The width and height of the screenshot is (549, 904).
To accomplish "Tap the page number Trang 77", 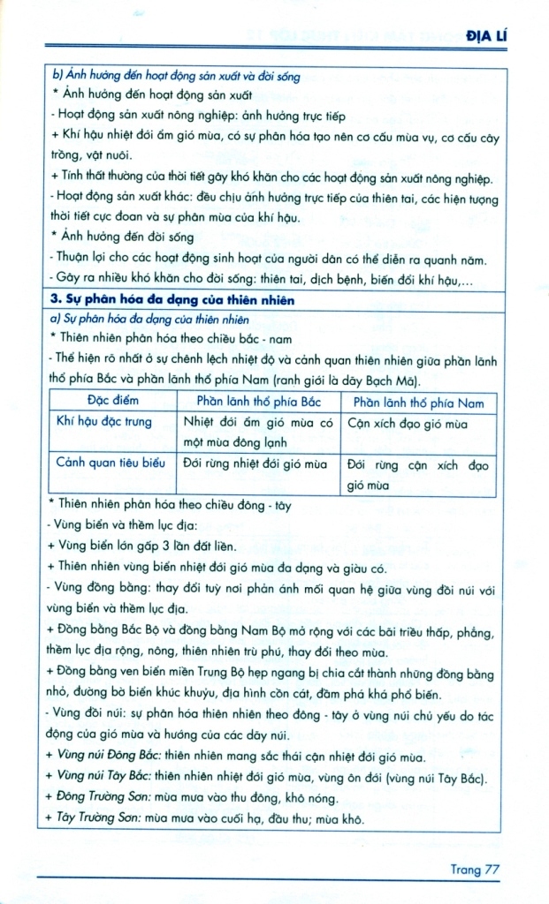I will (x=476, y=870).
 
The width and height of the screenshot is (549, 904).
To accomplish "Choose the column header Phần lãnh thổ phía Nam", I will (x=418, y=403).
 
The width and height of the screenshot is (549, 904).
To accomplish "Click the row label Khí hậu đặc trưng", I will (x=103, y=422).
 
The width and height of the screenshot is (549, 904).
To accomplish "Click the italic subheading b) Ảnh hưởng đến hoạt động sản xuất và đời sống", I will (x=177, y=77).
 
